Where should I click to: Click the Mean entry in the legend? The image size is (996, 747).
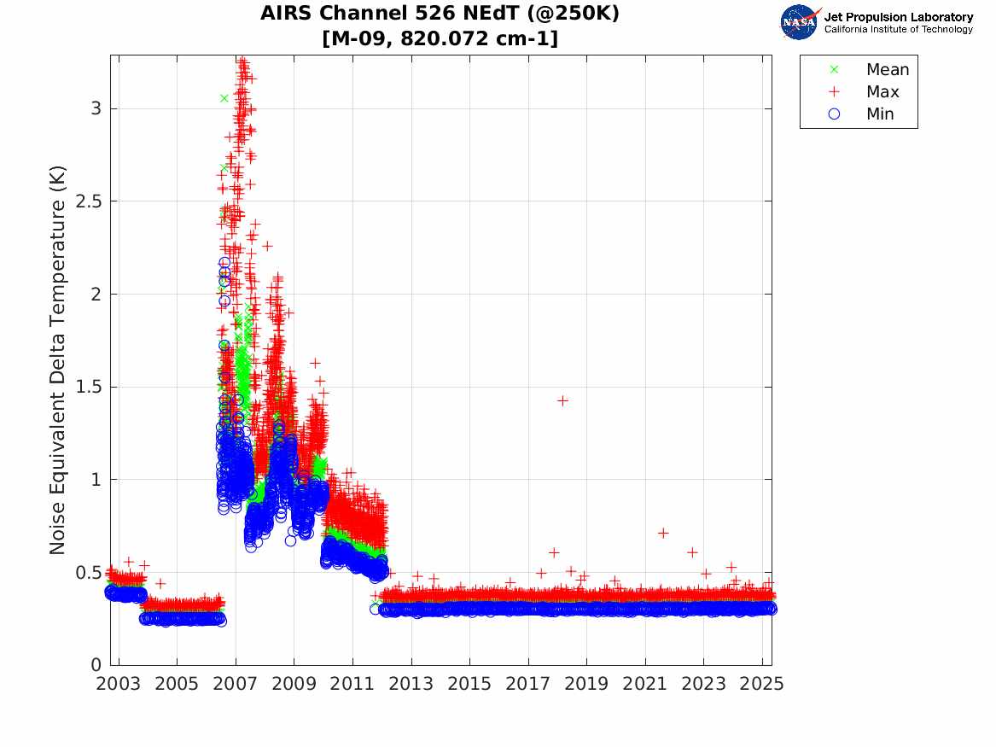coord(887,69)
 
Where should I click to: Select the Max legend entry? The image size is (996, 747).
coord(882,91)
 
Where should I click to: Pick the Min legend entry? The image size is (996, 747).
coord(880,114)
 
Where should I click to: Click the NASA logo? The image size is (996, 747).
coord(800,22)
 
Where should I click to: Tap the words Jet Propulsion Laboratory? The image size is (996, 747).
coord(898,17)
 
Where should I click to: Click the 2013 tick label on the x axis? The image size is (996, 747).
coord(411,685)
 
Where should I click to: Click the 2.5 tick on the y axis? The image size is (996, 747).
coord(90,201)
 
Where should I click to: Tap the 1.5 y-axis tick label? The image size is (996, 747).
coord(90,387)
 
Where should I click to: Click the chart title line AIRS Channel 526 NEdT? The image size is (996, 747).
coord(440,15)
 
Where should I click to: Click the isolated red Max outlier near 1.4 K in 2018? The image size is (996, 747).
coord(562,400)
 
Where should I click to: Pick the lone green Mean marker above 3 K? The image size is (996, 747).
coord(224,98)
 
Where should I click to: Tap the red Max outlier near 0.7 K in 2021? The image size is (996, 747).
coord(663,533)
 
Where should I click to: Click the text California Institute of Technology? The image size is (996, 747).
coord(898,30)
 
